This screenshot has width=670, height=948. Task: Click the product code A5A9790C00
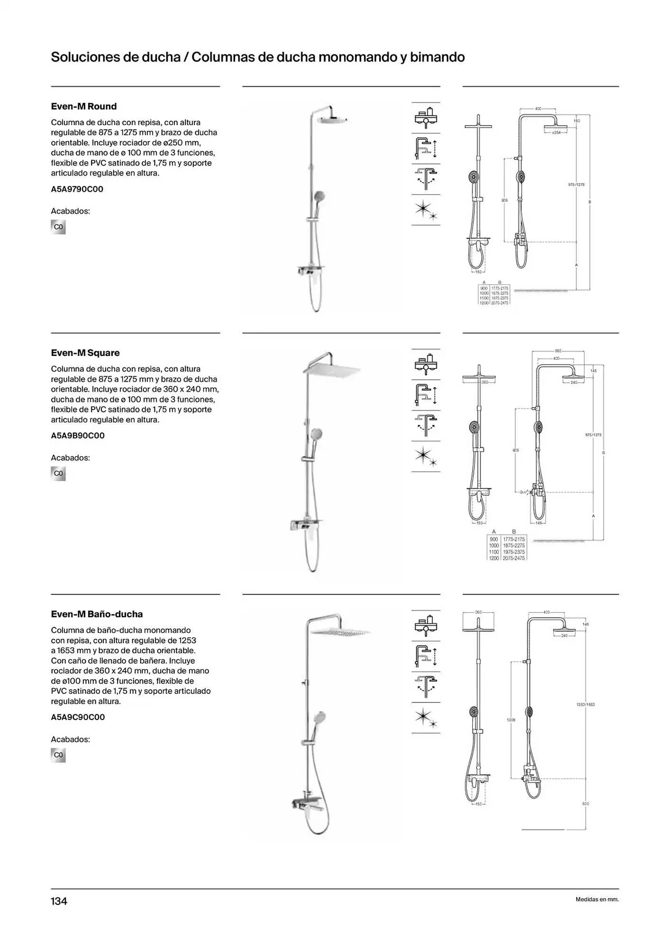click(77, 189)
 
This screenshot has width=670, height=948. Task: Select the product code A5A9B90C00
click(78, 436)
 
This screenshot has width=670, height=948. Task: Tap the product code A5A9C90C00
click(78, 717)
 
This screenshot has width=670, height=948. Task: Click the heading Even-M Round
click(83, 106)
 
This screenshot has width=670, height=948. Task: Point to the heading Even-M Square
click(85, 353)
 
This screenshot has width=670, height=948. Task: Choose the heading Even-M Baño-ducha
click(97, 614)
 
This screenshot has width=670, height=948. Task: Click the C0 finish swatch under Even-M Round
click(58, 227)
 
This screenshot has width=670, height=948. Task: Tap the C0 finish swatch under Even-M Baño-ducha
click(58, 755)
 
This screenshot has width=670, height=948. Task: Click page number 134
click(59, 901)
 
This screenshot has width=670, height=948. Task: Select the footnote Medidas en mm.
click(597, 899)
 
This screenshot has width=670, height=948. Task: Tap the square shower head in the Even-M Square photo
click(332, 370)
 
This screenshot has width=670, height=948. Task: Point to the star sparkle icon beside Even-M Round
click(426, 210)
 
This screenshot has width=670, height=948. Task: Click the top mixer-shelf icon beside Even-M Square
click(426, 364)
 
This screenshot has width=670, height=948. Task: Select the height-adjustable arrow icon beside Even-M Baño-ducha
click(426, 656)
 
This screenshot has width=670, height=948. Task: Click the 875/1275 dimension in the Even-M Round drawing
click(576, 184)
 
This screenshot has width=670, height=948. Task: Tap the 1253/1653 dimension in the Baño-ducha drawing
click(586, 704)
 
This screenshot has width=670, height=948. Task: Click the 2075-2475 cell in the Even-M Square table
click(514, 558)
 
